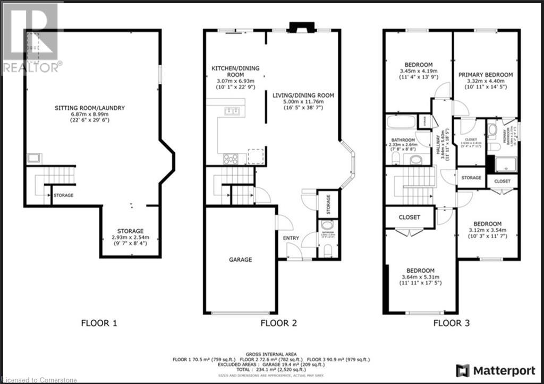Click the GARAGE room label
240,260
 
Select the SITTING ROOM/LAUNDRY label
90,108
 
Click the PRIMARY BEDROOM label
486,75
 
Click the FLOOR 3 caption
451,322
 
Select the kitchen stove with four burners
232,158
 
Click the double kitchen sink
232,111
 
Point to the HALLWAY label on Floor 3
439,143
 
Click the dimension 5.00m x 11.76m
303,102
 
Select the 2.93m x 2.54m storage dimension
130,238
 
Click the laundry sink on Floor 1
35,158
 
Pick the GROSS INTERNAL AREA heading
271,353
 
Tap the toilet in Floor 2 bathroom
327,249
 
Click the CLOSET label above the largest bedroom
410,217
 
